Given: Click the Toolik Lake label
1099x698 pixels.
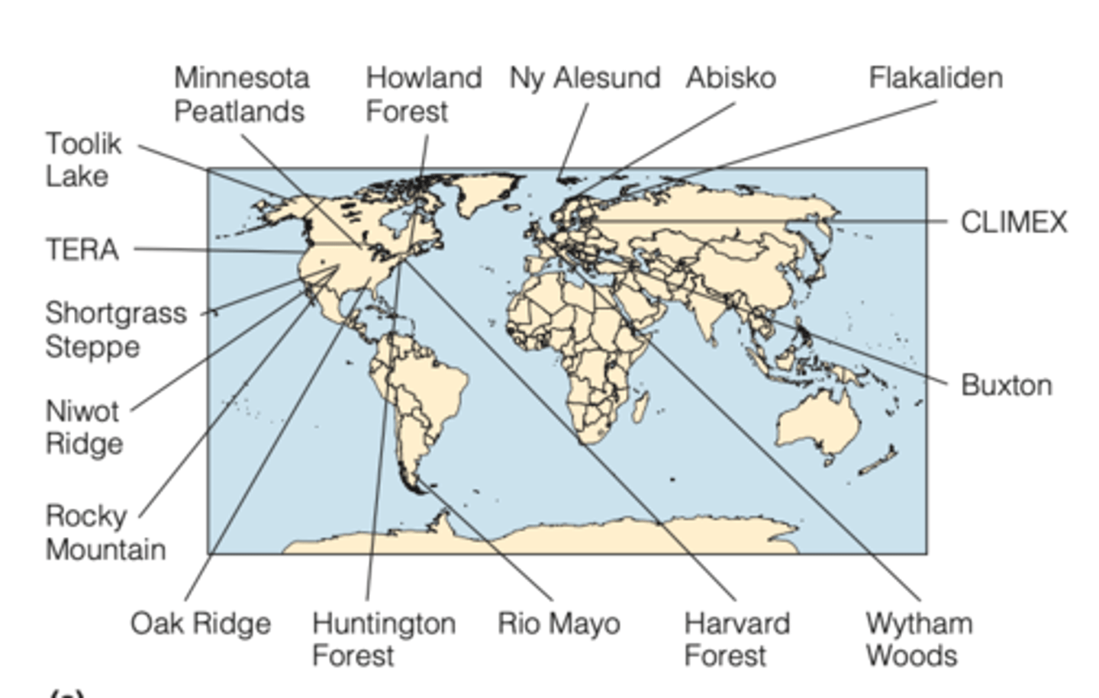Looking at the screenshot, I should pos(83,159).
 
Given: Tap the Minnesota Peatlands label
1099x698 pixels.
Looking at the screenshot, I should pos(241,95).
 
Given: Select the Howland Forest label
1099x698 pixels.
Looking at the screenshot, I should pos(424,95).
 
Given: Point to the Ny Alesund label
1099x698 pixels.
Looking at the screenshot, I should pos(585,78).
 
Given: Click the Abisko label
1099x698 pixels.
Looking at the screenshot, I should pos(730,78).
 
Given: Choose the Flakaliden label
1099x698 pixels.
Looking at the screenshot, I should pos(936,78).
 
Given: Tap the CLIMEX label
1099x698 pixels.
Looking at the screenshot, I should pos(1014,222).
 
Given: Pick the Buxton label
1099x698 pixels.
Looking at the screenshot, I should pos(1006,385).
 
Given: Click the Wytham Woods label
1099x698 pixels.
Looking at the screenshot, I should pos(919,639).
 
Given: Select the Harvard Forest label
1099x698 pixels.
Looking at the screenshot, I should pos(737,639).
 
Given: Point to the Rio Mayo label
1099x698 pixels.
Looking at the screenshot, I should pos(559,623).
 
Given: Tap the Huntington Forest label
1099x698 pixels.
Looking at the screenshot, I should pos(384,639).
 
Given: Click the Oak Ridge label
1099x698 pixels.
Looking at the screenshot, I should pos(201,623).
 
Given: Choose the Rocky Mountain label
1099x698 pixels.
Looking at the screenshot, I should pos(105,532).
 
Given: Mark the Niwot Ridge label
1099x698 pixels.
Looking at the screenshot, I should pos(83,427).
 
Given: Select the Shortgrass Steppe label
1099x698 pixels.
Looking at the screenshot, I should pos(115,330).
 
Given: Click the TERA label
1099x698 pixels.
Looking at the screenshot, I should pos(82,249).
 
